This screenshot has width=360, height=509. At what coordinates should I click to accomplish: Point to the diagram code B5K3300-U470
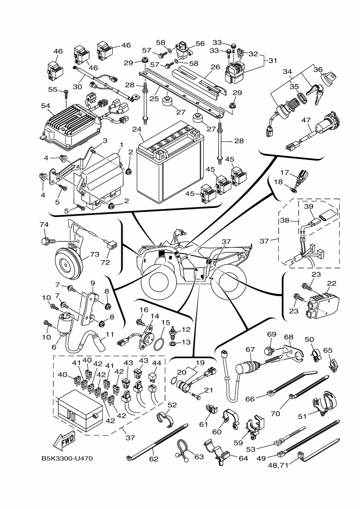pyautogui.click(x=66, y=458)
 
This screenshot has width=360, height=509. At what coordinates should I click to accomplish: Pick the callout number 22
pyautogui.click(x=331, y=283)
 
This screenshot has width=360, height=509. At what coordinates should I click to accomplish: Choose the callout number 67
pyautogui.click(x=250, y=349)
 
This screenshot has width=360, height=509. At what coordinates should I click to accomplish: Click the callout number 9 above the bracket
pyautogui.click(x=92, y=283)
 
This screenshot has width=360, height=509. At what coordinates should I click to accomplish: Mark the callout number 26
pyautogui.click(x=215, y=68)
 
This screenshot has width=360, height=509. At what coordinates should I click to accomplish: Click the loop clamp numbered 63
pyautogui.click(x=181, y=449)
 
